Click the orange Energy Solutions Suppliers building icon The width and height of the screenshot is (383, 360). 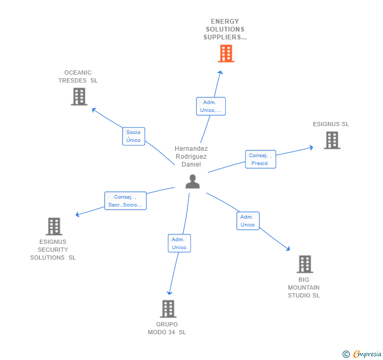(226, 54)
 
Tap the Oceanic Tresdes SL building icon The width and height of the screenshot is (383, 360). (79, 97)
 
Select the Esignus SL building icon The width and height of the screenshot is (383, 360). (332, 140)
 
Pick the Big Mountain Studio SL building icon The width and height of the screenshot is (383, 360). (305, 264)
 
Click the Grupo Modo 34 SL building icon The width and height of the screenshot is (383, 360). (168, 309)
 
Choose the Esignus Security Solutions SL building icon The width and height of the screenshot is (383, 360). (54, 227)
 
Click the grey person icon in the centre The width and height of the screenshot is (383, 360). (193, 181)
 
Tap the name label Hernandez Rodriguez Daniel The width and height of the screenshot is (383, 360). (191, 157)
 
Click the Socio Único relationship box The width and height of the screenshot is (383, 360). (134, 136)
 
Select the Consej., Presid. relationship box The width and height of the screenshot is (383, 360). (260, 159)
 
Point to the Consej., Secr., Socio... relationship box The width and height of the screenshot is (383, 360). (125, 201)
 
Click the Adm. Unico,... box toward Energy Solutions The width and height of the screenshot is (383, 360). (210, 106)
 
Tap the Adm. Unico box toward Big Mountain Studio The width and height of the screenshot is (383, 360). (247, 221)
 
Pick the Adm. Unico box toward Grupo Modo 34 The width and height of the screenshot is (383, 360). (179, 243)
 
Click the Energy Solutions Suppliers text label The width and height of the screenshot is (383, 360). (225, 29)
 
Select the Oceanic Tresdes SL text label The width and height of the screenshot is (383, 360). (78, 77)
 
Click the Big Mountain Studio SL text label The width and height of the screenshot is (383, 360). (304, 287)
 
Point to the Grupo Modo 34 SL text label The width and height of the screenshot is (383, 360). (167, 328)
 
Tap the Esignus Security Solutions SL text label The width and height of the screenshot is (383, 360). (53, 250)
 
